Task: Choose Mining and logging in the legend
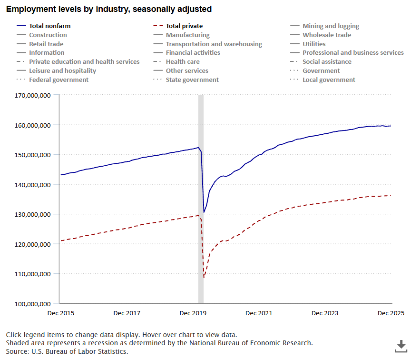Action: point(331,26)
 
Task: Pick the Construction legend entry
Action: point(48,35)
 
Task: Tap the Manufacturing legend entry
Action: point(187,35)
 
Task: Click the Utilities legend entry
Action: point(314,44)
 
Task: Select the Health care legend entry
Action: point(183,61)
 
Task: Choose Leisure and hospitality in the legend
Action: point(62,70)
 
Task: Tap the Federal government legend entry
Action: point(59,80)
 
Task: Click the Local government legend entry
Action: point(329,80)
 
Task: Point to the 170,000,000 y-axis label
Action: point(33,95)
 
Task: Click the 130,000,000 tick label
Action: point(33,214)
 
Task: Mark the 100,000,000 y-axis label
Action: point(33,303)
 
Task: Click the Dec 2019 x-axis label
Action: point(193,313)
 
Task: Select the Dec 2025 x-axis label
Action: point(390,313)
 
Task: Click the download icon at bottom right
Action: point(400,346)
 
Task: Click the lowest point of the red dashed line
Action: point(204,277)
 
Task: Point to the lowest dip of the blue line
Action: point(204,212)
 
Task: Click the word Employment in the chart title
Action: point(27,9)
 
